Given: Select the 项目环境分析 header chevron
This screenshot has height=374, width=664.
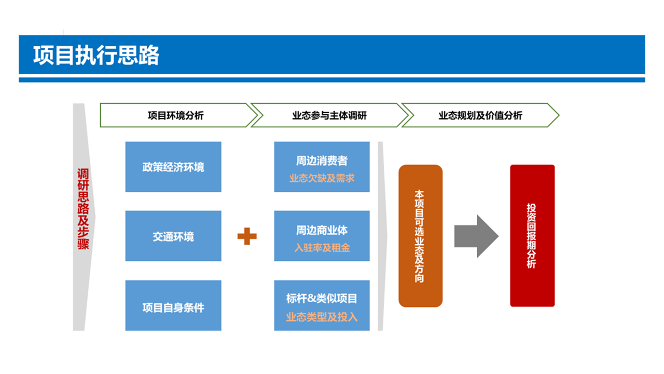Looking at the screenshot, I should point(175,115).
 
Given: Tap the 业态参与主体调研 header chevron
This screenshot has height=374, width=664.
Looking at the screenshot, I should point(329,115).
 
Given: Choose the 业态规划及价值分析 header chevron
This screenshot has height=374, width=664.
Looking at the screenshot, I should point(480,115).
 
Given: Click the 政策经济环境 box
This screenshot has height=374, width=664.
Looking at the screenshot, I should point(173,167).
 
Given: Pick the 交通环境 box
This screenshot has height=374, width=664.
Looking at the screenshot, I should point(173,236).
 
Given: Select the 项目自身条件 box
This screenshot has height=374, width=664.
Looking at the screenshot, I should point(173,306).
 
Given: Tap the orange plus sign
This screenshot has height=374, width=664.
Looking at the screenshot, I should point(247,236).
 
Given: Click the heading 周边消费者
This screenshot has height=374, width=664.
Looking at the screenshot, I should point(322,161).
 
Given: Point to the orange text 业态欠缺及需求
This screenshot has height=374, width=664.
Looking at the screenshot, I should point(322,178).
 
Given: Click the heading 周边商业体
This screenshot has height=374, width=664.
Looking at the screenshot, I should point(322,230).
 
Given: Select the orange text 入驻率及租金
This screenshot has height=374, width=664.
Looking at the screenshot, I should point(322,248).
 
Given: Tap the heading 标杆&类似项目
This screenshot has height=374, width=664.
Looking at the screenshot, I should point(322,299).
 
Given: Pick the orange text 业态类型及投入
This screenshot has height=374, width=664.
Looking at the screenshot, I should point(322,317).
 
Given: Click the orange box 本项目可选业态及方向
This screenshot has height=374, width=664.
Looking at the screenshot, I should point(420,236).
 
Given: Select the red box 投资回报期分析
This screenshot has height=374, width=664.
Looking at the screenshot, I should point(532,236).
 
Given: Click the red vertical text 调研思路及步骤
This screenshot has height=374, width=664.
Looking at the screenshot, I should point(83,209).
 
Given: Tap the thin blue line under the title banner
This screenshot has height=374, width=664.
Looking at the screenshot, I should point(332,80).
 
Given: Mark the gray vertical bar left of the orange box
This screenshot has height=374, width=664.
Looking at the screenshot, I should point(381,236).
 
